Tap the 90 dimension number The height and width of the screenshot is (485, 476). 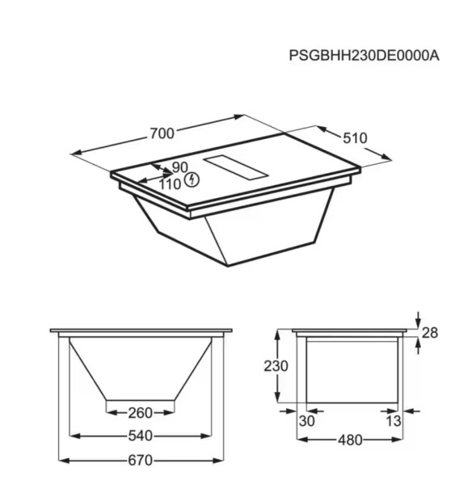pos(179,168)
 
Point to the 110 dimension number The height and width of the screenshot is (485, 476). pos(170,183)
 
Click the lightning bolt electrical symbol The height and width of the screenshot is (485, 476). pos(192,179)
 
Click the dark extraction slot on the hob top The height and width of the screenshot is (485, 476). pos(236,165)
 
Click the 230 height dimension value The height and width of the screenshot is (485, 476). pos(276,365)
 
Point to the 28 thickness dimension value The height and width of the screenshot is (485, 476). pos(430,333)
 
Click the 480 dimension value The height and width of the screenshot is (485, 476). pos(350,441)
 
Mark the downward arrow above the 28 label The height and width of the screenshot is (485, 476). pos(417,320)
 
